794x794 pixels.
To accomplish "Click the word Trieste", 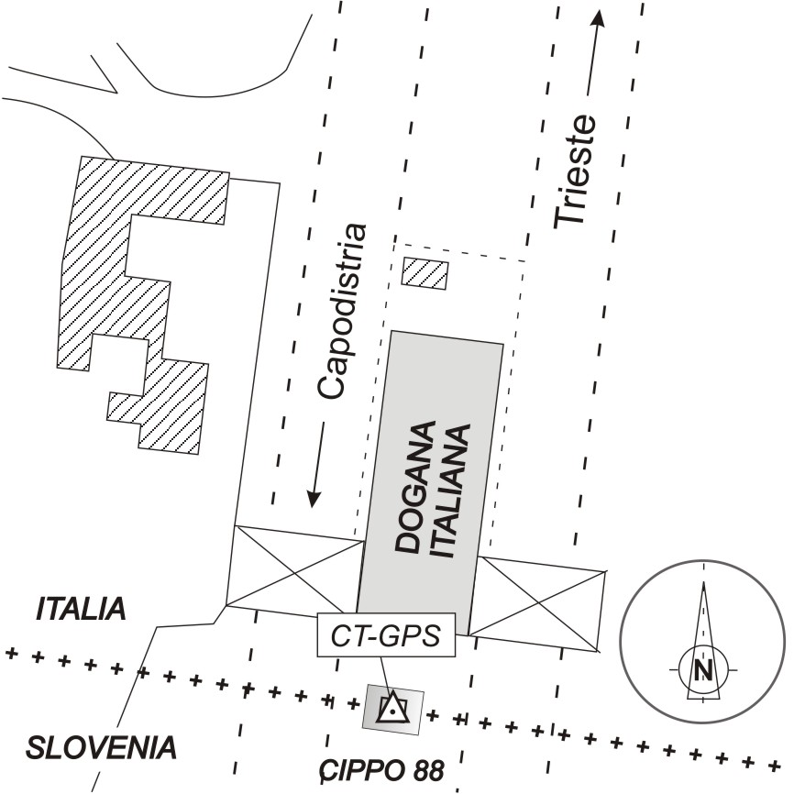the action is pyautogui.click(x=575, y=172).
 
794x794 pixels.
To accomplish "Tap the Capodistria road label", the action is pyautogui.click(x=341, y=311).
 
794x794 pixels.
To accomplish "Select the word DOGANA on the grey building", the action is pyautogui.click(x=415, y=487).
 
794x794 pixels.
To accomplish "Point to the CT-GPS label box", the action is pyautogui.click(x=386, y=634).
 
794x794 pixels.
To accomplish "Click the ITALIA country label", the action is pyautogui.click(x=81, y=609).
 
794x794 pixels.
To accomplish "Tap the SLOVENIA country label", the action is pyautogui.click(x=101, y=747).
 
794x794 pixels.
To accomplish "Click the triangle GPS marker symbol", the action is pyautogui.click(x=392, y=708).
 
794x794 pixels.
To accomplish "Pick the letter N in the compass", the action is pyautogui.click(x=704, y=670).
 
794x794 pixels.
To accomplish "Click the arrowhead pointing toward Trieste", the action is pyautogui.click(x=599, y=18).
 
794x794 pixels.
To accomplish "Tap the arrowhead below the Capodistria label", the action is pyautogui.click(x=314, y=499).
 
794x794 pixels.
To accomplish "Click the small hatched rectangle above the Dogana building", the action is pyautogui.click(x=425, y=274).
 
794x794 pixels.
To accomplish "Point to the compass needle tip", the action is pyautogui.click(x=704, y=582).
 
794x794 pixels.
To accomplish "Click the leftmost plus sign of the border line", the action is pyautogui.click(x=11, y=654).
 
